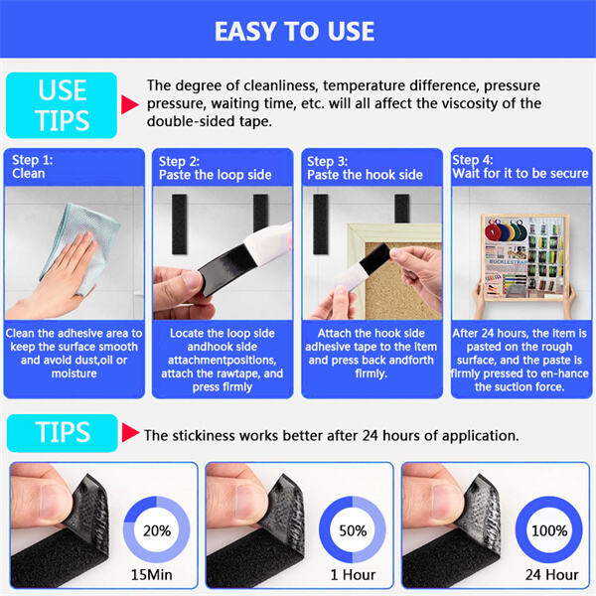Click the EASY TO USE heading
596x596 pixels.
click(x=295, y=31)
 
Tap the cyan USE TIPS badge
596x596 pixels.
click(x=62, y=105)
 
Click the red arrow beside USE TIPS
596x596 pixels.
click(x=130, y=104)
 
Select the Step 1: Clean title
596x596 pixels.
click(x=33, y=167)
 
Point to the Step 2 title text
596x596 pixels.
click(x=216, y=168)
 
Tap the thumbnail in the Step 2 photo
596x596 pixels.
click(x=192, y=280)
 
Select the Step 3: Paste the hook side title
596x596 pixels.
click(x=365, y=168)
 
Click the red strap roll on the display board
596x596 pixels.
click(x=493, y=231)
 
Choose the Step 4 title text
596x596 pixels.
click(x=520, y=167)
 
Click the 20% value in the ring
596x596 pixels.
click(x=157, y=530)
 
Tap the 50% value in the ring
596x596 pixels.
click(x=353, y=530)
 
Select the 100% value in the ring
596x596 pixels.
click(x=549, y=530)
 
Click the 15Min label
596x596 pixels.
click(x=152, y=574)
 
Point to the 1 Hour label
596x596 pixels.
click(x=353, y=574)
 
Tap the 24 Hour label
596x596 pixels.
click(x=552, y=574)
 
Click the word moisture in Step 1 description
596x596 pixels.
click(x=74, y=373)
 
